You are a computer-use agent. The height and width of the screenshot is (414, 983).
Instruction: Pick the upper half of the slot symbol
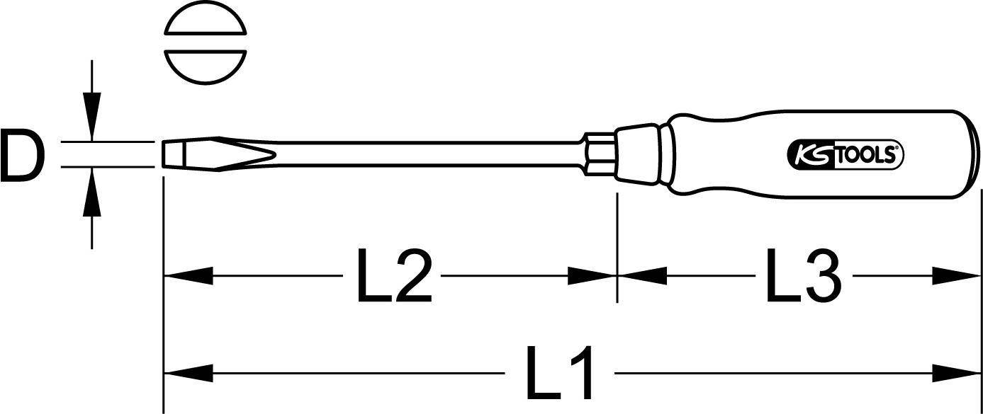point(206,18)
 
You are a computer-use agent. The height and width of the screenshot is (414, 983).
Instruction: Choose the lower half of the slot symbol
point(206,67)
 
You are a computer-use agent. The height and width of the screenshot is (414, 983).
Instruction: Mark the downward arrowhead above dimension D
point(91,117)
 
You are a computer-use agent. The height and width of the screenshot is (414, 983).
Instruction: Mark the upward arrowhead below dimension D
point(91,192)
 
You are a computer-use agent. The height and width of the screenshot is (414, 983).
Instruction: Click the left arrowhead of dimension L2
point(188,276)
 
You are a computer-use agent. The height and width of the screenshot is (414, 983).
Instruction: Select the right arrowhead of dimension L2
point(592,276)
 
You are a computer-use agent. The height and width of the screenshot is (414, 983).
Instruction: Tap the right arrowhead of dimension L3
point(955,276)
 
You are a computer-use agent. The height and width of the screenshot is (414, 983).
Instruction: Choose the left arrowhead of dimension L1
point(188,374)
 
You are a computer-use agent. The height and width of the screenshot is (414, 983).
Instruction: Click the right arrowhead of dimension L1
point(955,374)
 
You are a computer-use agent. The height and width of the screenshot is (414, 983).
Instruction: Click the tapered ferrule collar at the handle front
point(636,154)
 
